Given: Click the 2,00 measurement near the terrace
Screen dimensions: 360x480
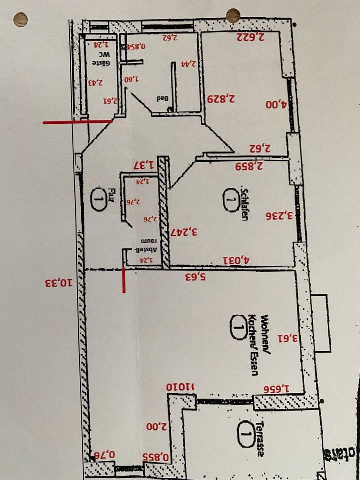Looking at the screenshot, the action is (156, 427).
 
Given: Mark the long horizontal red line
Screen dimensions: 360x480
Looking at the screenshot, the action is (77, 122).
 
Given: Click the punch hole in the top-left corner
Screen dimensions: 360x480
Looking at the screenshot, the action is (20, 20).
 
